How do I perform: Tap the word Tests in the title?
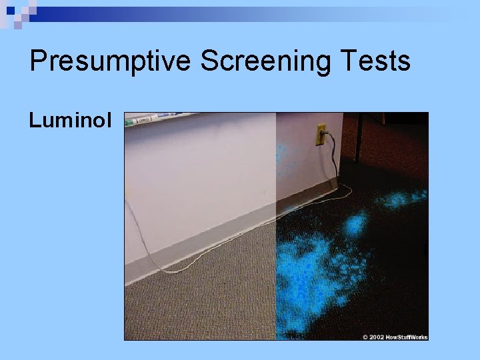click(x=377, y=61)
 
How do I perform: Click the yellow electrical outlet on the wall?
click(x=321, y=134)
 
